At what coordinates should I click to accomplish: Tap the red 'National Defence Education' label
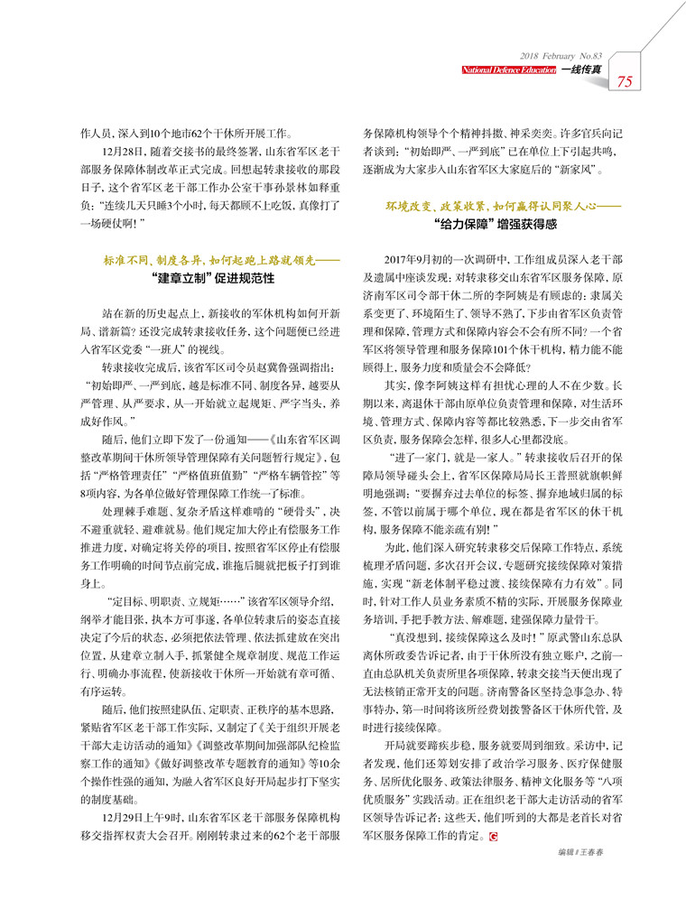[x=509, y=69]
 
